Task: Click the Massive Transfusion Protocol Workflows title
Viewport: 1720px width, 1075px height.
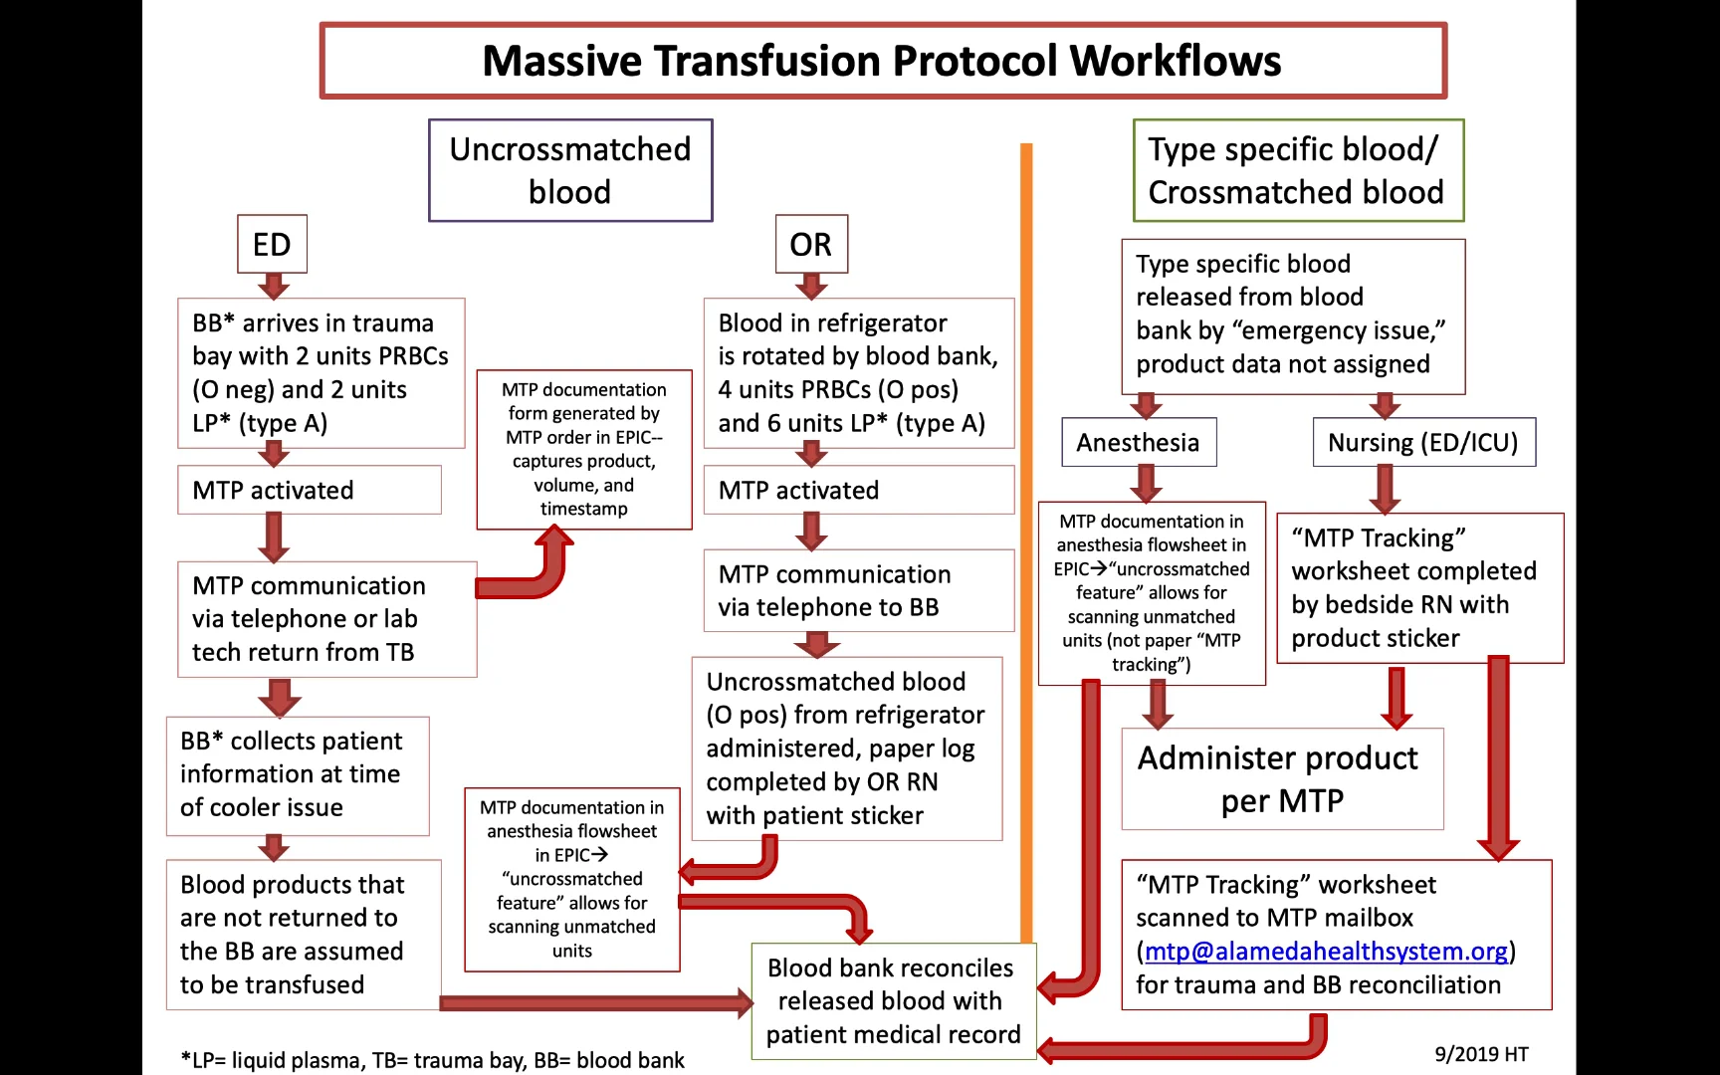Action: (x=882, y=61)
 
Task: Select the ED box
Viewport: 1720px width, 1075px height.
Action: (x=272, y=244)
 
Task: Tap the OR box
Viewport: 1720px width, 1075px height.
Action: (x=811, y=244)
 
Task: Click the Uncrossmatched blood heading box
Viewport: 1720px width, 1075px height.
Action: (x=570, y=170)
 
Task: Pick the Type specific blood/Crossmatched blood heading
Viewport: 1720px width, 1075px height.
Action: (x=1297, y=170)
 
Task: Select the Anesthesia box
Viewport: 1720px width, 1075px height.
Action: (x=1138, y=442)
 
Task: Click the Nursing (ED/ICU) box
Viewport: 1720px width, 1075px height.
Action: (x=1423, y=442)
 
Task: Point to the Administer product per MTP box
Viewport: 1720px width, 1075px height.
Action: (x=1281, y=779)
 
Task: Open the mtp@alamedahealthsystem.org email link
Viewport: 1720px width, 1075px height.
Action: (x=1326, y=952)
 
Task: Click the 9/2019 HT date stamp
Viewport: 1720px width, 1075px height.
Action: (x=1481, y=1054)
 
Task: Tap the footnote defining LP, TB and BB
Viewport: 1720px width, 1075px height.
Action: (x=432, y=1060)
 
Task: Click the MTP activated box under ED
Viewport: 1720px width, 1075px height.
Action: (x=309, y=490)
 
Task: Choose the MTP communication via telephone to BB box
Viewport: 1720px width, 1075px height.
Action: (x=858, y=590)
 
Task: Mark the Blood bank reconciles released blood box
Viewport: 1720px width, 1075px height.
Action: (x=893, y=1000)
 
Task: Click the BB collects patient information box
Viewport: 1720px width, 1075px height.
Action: (x=297, y=774)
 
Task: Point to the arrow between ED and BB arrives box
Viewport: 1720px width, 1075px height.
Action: (x=273, y=287)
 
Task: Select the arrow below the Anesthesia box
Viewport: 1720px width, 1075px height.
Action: (x=1146, y=484)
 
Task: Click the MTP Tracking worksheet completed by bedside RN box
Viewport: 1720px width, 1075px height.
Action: (x=1419, y=587)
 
